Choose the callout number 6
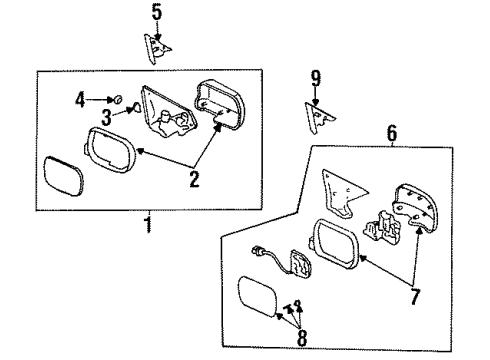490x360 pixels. [x=391, y=132]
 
